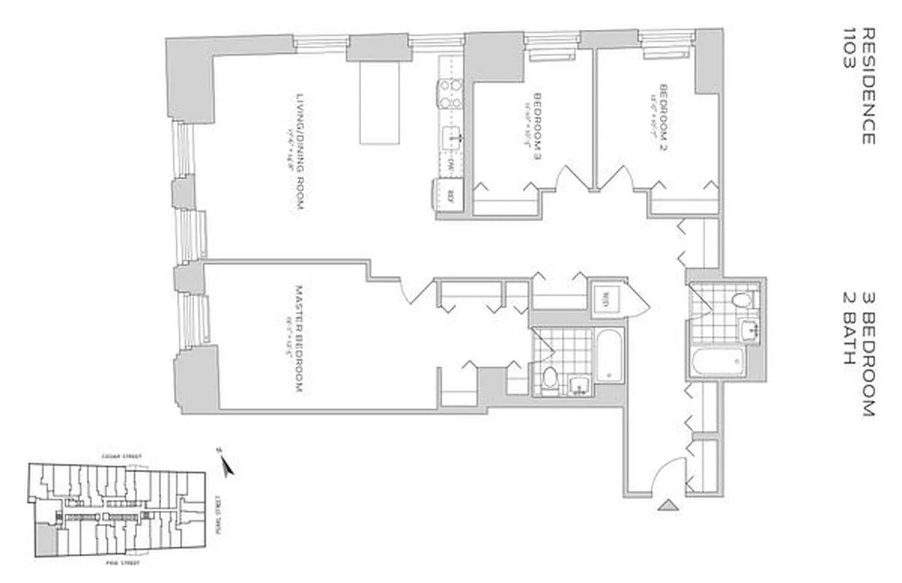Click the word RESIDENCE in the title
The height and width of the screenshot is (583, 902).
coord(868,86)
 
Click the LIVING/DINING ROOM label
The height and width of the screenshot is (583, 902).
coord(299,152)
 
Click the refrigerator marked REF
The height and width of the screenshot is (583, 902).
coord(450,195)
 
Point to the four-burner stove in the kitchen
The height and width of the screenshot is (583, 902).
coord(450,94)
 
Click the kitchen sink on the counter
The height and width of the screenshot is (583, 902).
coord(451,136)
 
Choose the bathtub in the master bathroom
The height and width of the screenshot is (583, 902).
coord(609,356)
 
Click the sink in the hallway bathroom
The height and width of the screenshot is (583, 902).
coord(748,329)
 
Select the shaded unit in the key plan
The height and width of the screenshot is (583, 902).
coord(45,541)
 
